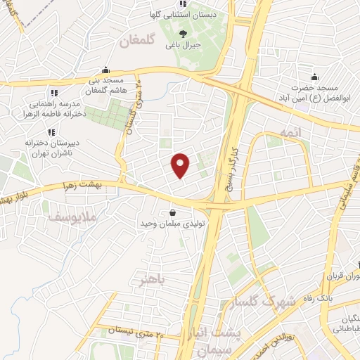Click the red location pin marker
click(181, 166)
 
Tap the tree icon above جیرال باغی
click(184, 33)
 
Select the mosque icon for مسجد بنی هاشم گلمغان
click(105, 70)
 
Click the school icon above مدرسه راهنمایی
click(53, 93)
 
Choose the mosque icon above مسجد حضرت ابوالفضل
click(314, 77)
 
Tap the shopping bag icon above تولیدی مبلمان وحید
click(173, 212)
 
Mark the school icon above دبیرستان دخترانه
click(50, 131)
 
